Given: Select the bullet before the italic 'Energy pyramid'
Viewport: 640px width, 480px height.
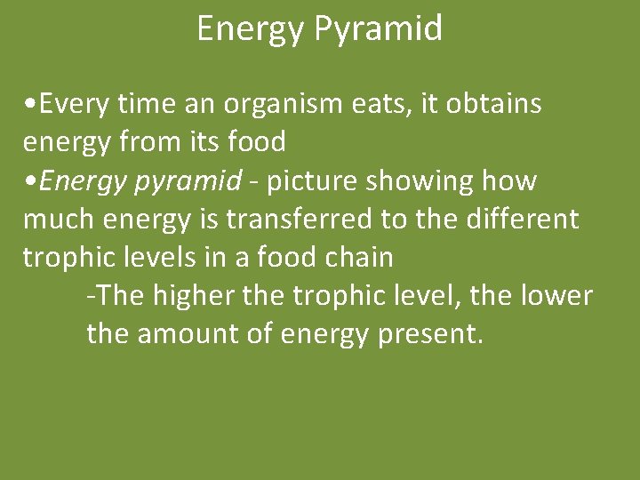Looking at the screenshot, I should coord(31,181).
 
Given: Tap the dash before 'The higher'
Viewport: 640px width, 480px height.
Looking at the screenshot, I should coord(92,297).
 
